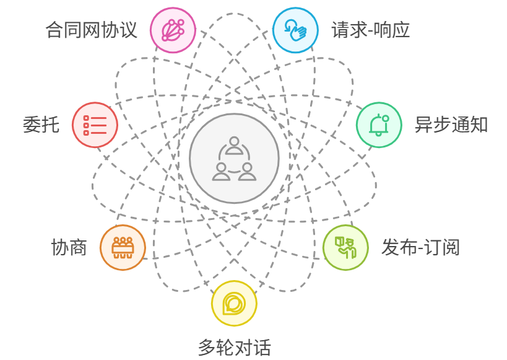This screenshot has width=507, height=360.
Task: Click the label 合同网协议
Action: pos(92,30)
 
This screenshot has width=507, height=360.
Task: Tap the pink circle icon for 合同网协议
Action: pos(173,30)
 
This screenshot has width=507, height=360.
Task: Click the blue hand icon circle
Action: pos(295,30)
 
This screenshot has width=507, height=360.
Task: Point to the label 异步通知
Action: pos(451,125)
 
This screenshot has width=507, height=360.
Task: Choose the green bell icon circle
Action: pos(379,125)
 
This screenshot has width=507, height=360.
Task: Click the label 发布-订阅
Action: pos(420,247)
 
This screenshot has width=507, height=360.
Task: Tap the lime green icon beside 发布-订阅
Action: pos(345,247)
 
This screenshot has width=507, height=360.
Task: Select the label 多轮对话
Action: pos(234,347)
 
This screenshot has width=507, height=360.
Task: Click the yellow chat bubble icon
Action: pos(234,304)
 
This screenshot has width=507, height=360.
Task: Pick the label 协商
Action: pos(69,247)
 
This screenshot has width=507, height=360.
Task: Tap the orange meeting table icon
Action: pos(123,247)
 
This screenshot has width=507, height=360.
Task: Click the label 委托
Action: pos(41,125)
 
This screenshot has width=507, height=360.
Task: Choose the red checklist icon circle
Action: pos(95,125)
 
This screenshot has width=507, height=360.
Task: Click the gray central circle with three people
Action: pos(234,158)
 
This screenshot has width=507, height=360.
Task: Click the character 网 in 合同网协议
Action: pos(92,30)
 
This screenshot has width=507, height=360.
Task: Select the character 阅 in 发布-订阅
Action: pos(451,247)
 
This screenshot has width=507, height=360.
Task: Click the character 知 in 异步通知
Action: pos(479,125)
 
